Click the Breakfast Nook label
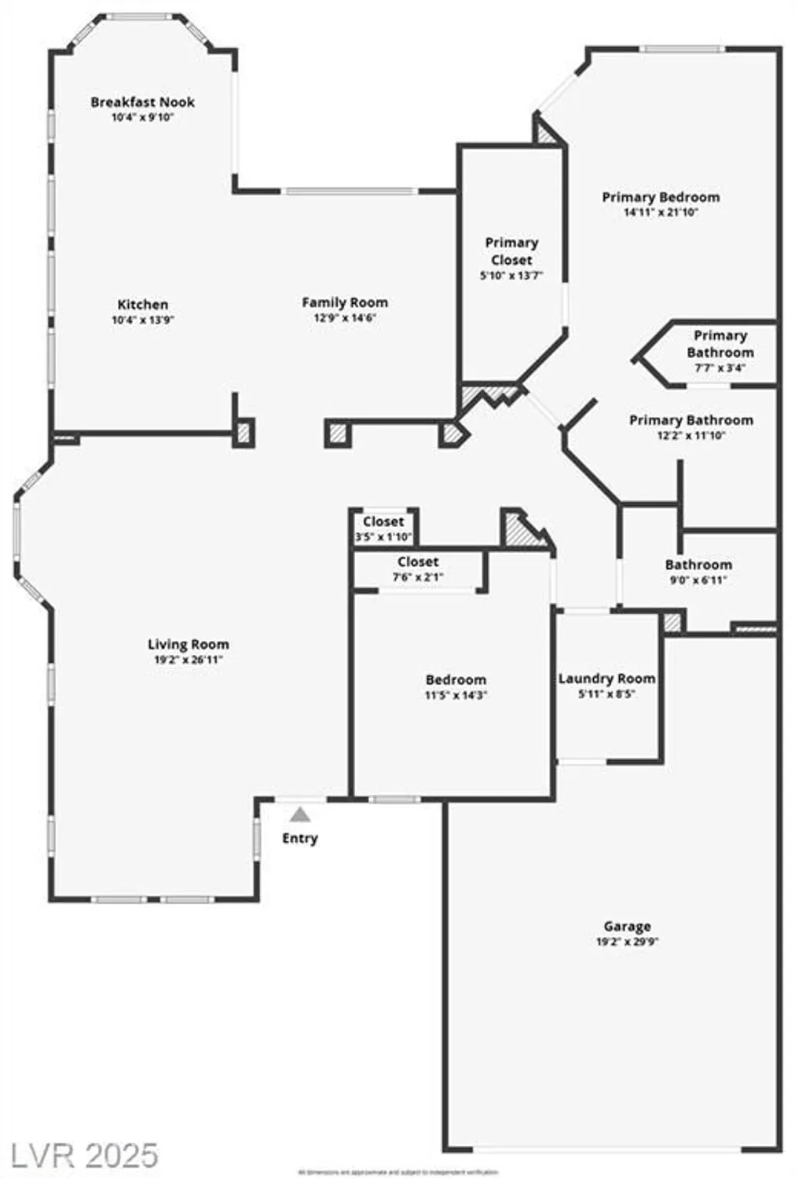[x=142, y=102]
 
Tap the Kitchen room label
[x=142, y=305]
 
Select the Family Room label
[x=345, y=302]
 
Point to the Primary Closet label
[x=511, y=251]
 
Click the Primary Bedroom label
[x=661, y=197]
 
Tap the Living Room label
[x=189, y=645]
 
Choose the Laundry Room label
[x=606, y=679]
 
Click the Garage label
[x=627, y=927]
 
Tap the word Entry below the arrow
[x=299, y=839]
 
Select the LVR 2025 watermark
[x=80, y=1155]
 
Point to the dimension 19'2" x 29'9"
[x=627, y=942]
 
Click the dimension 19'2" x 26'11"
[x=189, y=660]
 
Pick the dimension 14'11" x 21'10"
[x=661, y=212]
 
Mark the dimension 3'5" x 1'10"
[x=383, y=537]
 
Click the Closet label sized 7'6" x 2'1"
[x=418, y=562]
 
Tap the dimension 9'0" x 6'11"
[x=698, y=580]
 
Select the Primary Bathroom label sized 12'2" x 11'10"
[x=691, y=421]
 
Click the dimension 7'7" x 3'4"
[x=720, y=368]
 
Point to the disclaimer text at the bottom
[x=397, y=1172]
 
